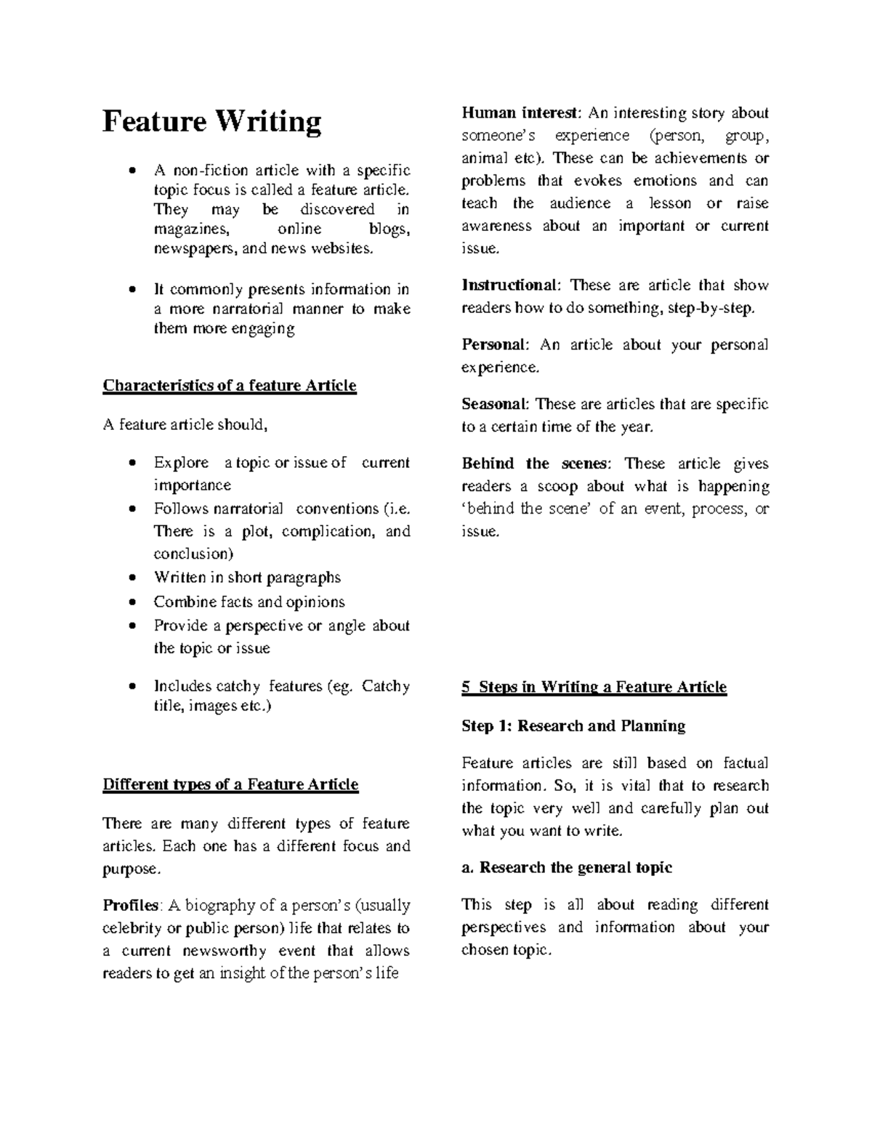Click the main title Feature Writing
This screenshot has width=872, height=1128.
click(211, 122)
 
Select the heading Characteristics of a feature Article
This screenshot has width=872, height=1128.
click(230, 386)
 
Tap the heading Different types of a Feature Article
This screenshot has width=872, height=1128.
click(230, 784)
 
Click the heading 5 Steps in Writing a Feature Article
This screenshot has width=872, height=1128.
click(594, 687)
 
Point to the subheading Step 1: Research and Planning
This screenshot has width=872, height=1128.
click(573, 726)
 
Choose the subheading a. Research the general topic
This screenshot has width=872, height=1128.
click(567, 867)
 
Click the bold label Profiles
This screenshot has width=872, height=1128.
click(131, 906)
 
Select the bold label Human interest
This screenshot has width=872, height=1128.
click(521, 113)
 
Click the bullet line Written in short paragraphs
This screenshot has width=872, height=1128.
click(247, 578)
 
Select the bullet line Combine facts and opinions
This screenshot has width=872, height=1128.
click(249, 602)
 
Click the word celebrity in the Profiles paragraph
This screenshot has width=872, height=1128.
click(133, 928)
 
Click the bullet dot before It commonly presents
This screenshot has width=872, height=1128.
click(132, 290)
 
